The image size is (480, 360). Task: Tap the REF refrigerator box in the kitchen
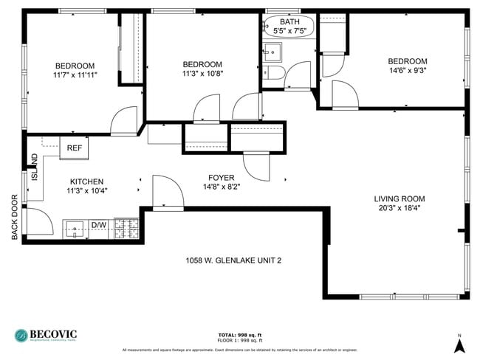[x=75, y=148]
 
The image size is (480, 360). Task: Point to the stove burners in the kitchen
[x=126, y=229]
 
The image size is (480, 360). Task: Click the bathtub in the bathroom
[x=288, y=27]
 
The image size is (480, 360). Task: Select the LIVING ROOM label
[x=399, y=198]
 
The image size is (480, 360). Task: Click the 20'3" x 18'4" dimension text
[x=399, y=208]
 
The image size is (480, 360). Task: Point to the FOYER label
[x=221, y=178]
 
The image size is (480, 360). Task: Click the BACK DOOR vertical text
[x=14, y=217]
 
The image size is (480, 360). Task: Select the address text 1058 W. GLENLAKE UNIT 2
[x=233, y=260]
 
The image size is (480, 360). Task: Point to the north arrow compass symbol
[x=459, y=344]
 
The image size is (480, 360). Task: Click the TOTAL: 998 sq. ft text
[x=240, y=335]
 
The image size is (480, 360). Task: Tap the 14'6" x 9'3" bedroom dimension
[x=408, y=71]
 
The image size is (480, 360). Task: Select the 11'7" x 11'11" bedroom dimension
[x=75, y=75]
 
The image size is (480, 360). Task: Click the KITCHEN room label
[x=86, y=181]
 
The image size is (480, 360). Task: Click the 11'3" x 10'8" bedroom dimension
[x=202, y=74]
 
